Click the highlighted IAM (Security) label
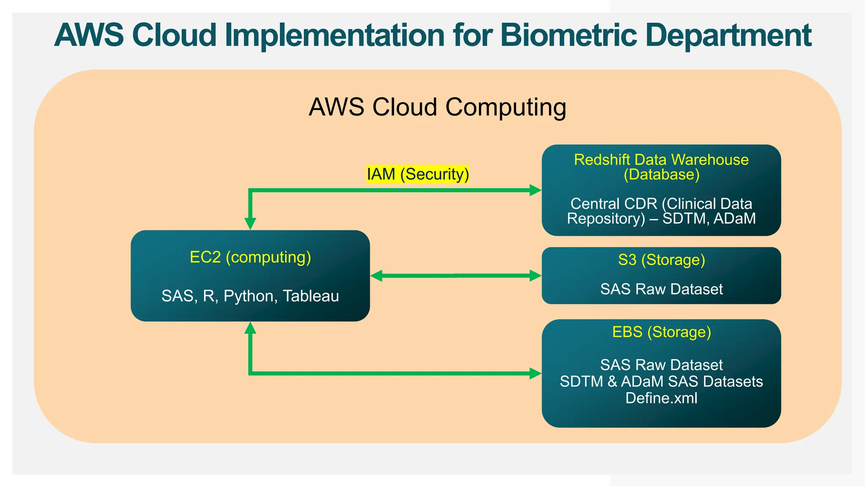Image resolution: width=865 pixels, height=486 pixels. tap(418, 174)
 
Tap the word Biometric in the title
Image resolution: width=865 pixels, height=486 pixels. tap(569, 35)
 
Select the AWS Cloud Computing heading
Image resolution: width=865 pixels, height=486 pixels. tap(437, 107)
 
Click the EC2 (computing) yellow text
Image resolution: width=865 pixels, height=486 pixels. tap(250, 257)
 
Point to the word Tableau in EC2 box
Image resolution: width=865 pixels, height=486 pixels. tap(311, 296)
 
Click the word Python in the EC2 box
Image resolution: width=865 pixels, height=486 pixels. tap(248, 296)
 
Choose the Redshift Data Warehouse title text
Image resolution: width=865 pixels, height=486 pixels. tap(661, 160)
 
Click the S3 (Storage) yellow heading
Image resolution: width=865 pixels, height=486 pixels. tap(661, 260)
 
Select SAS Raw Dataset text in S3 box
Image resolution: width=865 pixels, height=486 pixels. tap(661, 289)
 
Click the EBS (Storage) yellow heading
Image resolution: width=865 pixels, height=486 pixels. tap(661, 332)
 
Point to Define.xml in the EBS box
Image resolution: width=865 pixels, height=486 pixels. tap(661, 398)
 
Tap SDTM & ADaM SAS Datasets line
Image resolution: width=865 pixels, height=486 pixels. tap(661, 381)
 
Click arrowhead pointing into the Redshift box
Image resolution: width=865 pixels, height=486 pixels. tap(536, 190)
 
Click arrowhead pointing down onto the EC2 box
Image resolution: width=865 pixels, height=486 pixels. tap(250, 224)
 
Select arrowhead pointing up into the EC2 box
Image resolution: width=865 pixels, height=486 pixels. tap(250, 328)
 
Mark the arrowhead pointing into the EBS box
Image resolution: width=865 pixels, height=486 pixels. tap(536, 373)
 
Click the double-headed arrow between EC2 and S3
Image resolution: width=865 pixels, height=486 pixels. tap(456, 276)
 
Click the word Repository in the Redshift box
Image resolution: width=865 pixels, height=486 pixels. tap(606, 219)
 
